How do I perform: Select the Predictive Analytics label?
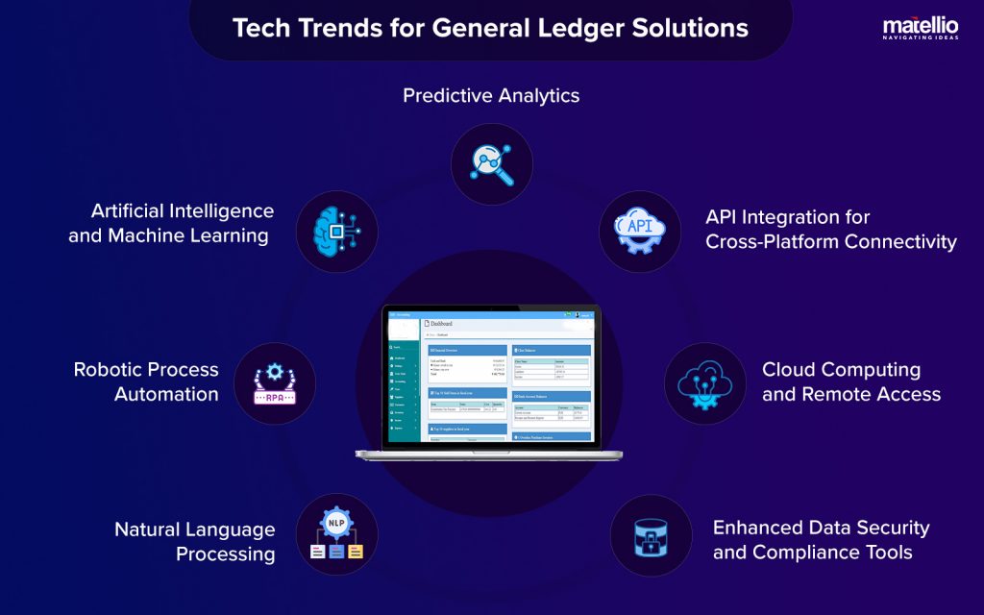(491, 95)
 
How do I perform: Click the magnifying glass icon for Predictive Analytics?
(491, 162)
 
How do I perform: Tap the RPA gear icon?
(275, 382)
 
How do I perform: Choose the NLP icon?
(337, 534)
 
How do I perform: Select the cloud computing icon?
(704, 383)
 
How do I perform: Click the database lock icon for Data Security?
(652, 536)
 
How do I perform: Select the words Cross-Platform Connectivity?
(831, 241)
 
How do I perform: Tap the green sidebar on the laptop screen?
(402, 394)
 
